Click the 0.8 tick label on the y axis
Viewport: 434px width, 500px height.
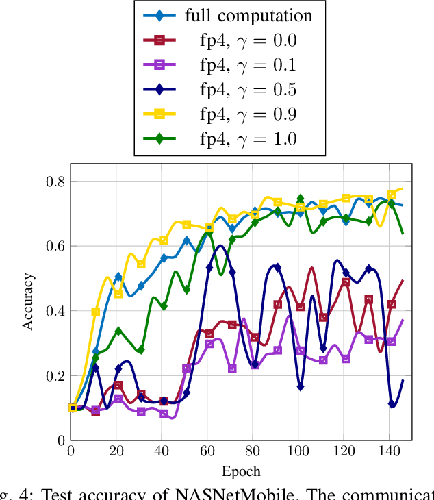pos(55,182)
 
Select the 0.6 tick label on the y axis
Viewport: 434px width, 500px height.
pos(55,246)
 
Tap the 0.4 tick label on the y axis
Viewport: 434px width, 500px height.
pos(55,311)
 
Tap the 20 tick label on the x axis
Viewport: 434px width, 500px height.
pos(116,453)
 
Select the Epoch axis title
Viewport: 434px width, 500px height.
pos(241,471)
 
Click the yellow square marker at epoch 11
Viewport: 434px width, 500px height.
pos(96,312)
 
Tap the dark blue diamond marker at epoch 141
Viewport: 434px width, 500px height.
pos(392,404)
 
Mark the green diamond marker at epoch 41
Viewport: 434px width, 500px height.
pos(164,306)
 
